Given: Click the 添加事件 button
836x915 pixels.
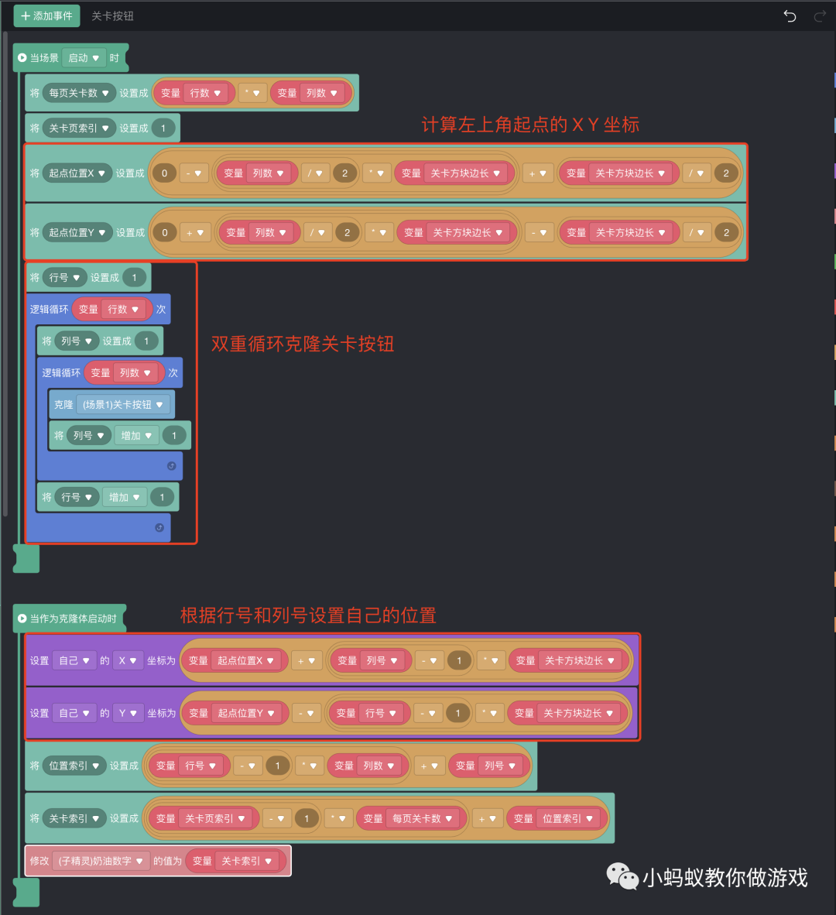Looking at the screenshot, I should (x=46, y=15).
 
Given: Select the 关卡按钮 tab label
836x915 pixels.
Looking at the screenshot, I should (x=112, y=15).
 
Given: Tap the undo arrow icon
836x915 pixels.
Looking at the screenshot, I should (x=790, y=16).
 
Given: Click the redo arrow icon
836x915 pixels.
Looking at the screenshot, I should (x=820, y=16).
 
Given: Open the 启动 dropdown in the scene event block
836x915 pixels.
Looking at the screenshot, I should (x=84, y=58).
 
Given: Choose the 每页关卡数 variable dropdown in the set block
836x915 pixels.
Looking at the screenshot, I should (x=79, y=93).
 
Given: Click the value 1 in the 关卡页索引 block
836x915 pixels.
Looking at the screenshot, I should (x=163, y=129).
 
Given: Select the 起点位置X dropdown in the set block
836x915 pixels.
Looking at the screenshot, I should (x=77, y=173).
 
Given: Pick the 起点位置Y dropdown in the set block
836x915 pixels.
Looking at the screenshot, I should (x=77, y=232).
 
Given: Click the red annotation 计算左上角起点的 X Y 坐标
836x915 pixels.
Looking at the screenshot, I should (x=530, y=125).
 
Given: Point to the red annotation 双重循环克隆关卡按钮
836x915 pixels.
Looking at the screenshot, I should (x=303, y=344).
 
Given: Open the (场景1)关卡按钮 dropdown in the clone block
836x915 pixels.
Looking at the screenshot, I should (x=123, y=405).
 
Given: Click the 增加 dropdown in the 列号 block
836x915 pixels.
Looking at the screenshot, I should (x=136, y=436).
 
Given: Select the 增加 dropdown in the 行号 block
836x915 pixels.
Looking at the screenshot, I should (x=124, y=497).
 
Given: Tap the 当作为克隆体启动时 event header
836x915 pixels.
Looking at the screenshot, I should (x=72, y=619).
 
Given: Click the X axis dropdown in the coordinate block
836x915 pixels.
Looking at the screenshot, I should (x=128, y=660).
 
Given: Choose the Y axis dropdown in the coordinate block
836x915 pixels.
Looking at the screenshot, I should (x=128, y=713).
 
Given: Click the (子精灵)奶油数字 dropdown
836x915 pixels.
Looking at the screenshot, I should (x=101, y=861).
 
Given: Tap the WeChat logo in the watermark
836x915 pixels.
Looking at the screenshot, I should (x=622, y=876).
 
